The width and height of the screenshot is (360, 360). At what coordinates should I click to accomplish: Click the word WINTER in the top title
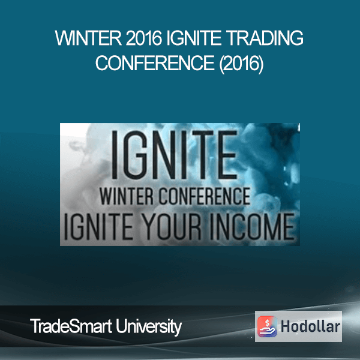[x=88, y=38]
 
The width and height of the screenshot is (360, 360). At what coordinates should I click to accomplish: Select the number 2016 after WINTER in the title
[x=144, y=38]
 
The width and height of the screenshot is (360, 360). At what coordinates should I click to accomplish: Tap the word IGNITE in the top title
[x=194, y=38]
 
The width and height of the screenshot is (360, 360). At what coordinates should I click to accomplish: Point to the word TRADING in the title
[x=265, y=38]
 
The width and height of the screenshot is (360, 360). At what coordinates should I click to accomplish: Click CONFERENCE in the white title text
[x=155, y=63]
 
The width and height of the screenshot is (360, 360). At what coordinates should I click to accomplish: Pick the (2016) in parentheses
[x=242, y=64]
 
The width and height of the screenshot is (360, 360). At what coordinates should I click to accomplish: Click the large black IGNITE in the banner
[x=175, y=155]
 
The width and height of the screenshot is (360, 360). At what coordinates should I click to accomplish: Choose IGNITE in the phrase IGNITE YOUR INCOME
[x=98, y=226]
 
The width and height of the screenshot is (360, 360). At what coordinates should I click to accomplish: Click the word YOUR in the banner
[x=172, y=226]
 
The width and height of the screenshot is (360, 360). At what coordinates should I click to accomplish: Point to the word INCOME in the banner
[x=253, y=226]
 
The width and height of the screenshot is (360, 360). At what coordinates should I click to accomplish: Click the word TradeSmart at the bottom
[x=71, y=326]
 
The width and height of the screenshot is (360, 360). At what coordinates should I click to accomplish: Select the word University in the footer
[x=149, y=327]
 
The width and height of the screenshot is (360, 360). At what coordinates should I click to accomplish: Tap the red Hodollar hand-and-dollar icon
[x=267, y=326]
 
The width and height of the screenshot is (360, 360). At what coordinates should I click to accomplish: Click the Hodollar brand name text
[x=310, y=326]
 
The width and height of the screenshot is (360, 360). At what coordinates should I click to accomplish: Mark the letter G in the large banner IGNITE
[x=137, y=155]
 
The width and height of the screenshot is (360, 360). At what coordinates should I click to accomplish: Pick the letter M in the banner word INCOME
[x=273, y=226]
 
